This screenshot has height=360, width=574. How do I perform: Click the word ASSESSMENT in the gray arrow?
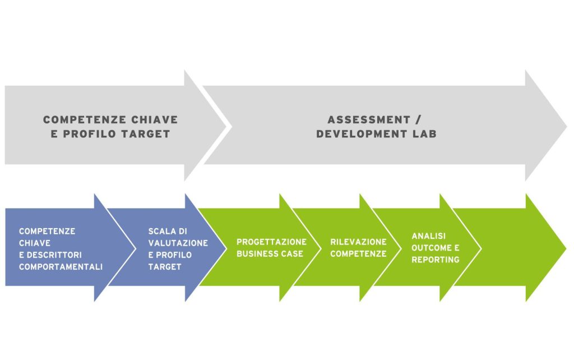coord(369,120)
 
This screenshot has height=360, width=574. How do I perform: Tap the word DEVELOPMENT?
coord(362,134)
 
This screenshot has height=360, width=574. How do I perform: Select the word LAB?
coord(425,134)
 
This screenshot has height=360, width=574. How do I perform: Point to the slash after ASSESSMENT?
coord(418,120)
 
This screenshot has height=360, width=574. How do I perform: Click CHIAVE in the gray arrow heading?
coord(155,120)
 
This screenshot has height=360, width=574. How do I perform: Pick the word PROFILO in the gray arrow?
coord(90,134)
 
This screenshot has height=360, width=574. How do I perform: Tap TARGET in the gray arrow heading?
coord(146,134)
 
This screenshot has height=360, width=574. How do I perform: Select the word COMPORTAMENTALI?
coord(61,267)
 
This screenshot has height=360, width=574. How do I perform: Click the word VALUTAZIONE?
coord(178,243)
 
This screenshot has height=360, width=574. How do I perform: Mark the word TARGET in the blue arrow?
coord(165,267)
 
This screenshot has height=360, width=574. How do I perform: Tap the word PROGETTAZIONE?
coord(272,242)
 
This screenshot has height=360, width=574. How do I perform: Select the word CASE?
coord(291,254)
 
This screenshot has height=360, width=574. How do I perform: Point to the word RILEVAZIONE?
coord(358,242)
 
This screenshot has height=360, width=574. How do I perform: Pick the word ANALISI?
coord(428,236)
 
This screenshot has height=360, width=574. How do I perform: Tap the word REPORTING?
coord(435,260)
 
